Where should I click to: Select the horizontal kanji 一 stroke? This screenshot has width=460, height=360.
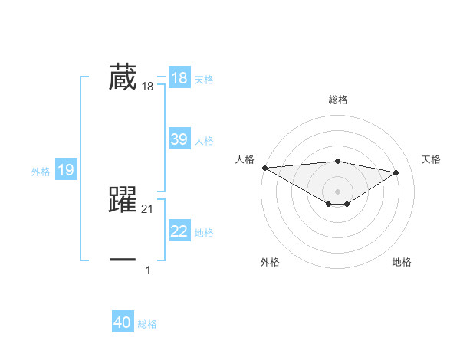click(123, 260)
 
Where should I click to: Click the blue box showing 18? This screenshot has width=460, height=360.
click(179, 78)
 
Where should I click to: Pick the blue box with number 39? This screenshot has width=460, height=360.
click(179, 139)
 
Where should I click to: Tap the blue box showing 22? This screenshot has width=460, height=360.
click(179, 231)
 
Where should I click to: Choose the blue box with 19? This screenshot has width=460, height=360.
click(65, 170)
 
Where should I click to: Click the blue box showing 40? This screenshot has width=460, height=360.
click(123, 322)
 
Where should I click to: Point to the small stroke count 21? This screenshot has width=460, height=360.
click(148, 209)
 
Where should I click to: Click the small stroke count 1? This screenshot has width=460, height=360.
click(148, 270)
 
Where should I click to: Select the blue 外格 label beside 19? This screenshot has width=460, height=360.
click(41, 172)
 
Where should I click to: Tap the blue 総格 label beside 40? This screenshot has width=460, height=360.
click(147, 324)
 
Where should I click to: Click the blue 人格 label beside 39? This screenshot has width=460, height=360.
click(204, 141)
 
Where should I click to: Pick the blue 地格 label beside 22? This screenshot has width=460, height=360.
click(204, 233)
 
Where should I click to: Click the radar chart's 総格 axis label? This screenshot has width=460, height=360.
click(337, 100)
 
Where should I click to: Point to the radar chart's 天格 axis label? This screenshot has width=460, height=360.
click(431, 159)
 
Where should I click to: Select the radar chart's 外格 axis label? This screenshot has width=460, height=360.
click(270, 262)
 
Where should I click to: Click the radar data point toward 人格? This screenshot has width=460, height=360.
click(264, 168)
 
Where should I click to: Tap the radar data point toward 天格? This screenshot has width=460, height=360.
click(396, 172)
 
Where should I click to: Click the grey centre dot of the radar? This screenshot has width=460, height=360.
click(337, 191)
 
